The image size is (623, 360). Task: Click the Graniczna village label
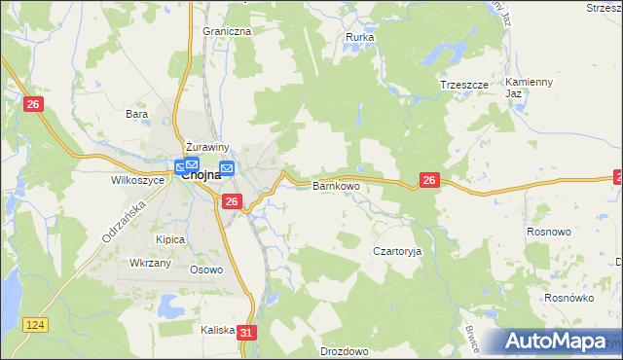(x=227, y=31)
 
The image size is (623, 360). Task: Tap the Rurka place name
(x=360, y=38)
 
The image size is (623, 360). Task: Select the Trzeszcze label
(x=463, y=85)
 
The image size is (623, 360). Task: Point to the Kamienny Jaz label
(x=529, y=88)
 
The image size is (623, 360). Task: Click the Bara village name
(x=136, y=114)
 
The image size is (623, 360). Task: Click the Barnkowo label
(x=336, y=185)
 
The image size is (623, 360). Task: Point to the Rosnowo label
(x=575, y=233)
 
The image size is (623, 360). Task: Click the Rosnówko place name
(x=569, y=299)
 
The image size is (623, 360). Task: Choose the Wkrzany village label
(x=151, y=263)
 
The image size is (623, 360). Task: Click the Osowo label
(x=206, y=270)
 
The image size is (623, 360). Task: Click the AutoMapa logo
(x=556, y=342)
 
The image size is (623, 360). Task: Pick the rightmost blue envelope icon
(x=227, y=168)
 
